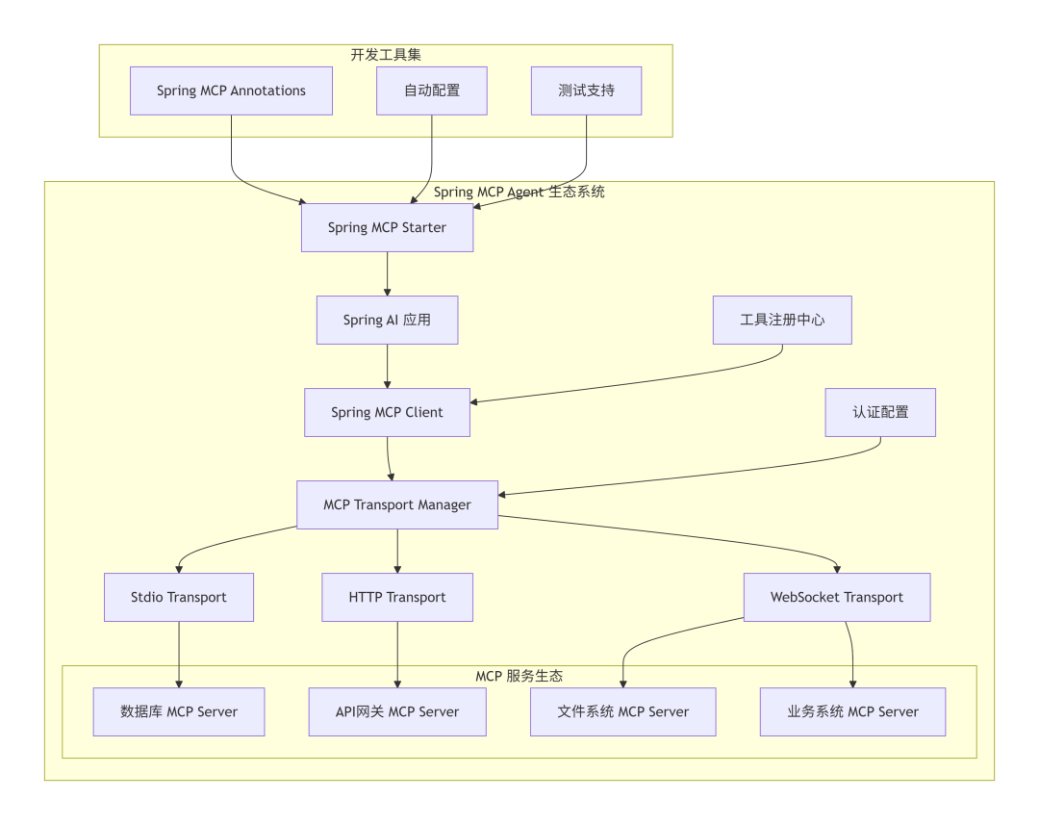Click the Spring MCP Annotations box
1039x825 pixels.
click(231, 91)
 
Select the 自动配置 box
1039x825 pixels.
click(432, 91)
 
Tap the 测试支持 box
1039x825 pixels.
click(586, 91)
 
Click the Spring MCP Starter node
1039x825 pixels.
click(387, 228)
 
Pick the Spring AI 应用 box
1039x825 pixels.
click(387, 320)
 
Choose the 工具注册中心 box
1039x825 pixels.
click(782, 320)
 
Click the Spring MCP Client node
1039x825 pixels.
click(387, 412)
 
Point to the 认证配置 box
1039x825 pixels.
click(880, 412)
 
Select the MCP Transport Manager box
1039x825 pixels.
click(397, 504)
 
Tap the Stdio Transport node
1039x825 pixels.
click(179, 597)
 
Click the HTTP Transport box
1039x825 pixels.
click(397, 597)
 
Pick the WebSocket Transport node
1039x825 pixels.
click(837, 597)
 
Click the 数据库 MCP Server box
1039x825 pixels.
click(179, 712)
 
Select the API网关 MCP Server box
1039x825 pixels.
click(397, 712)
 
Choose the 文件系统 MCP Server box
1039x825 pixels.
click(623, 712)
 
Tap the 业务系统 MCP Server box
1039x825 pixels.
click(853, 712)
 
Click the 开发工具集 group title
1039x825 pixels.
click(386, 55)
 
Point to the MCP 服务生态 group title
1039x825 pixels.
click(519, 677)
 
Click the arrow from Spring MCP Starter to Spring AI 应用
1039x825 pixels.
click(387, 274)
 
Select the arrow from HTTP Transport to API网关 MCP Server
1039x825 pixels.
click(397, 655)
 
